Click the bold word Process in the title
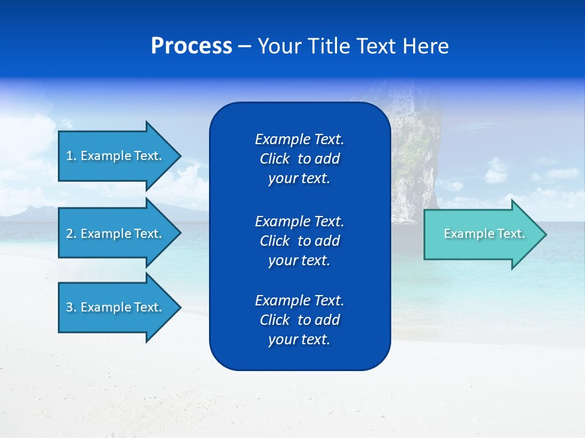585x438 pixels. coord(191,46)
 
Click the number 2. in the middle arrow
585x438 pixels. coord(71,234)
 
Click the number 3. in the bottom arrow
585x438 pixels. coord(71,307)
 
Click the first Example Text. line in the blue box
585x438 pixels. coord(299,139)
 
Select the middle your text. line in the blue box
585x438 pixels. coord(299,260)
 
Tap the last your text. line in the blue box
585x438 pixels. coord(299,339)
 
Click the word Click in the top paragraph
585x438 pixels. coord(274,159)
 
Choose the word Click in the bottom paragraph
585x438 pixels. coord(274,320)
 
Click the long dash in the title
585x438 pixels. coord(244,47)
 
